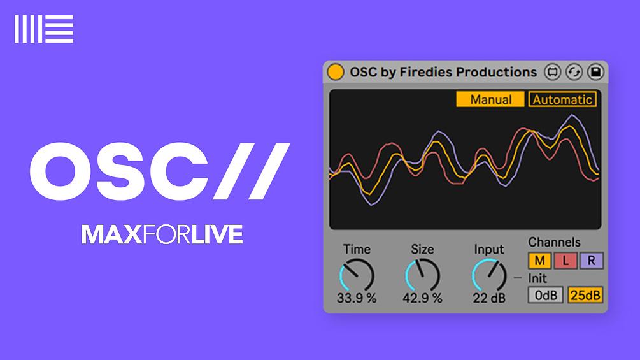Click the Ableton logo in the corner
(44, 29)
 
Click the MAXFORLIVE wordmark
(162, 234)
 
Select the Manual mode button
(490, 99)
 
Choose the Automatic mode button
(562, 99)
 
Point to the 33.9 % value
(357, 298)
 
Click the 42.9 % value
(422, 298)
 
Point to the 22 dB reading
(488, 298)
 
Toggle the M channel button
(539, 260)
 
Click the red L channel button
(565, 260)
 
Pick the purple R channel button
(591, 260)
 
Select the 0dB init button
(545, 295)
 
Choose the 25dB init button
(585, 295)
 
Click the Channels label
(554, 242)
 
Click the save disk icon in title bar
(595, 73)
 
